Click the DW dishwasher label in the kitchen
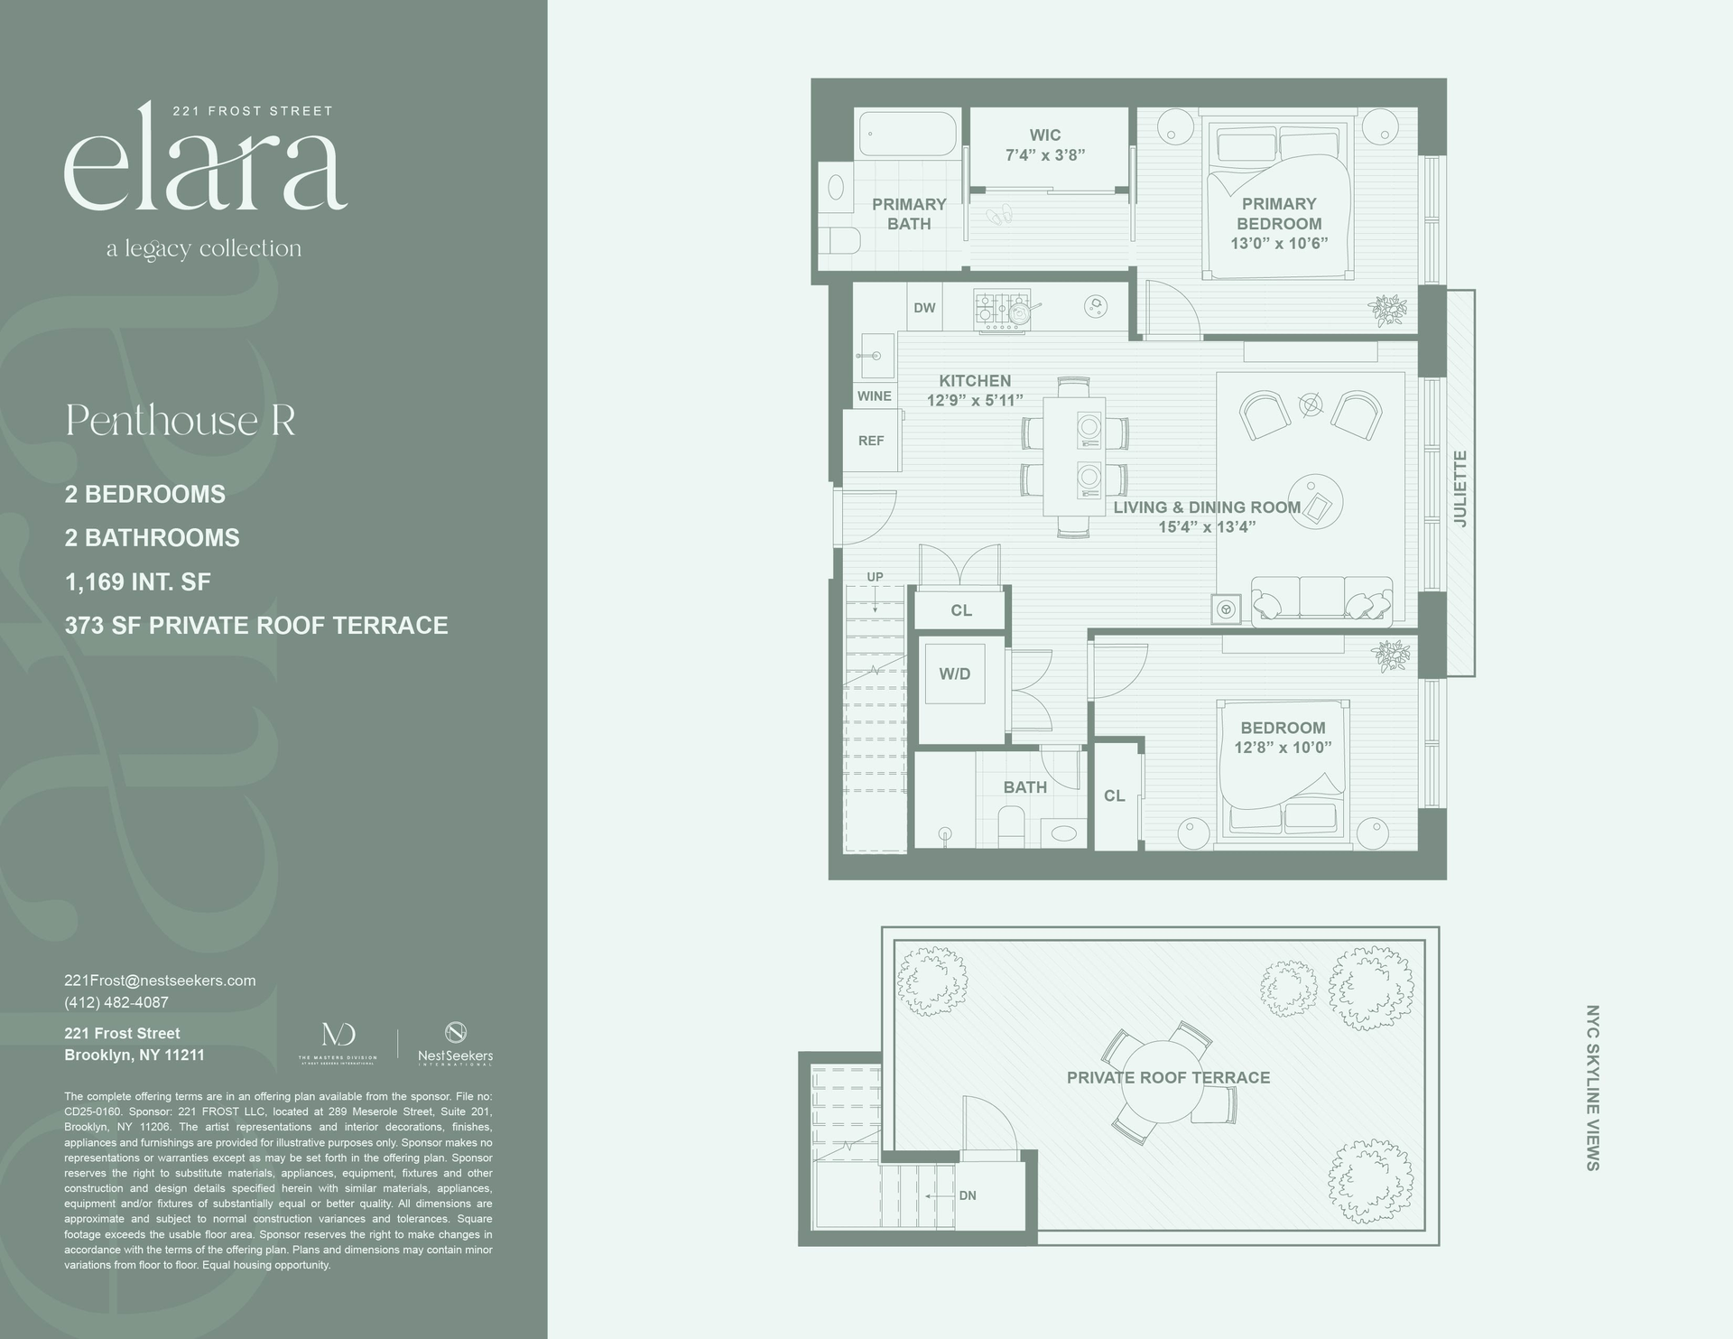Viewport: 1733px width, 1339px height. (924, 308)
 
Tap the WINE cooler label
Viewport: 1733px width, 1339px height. (874, 396)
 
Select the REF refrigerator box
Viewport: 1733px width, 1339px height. (871, 441)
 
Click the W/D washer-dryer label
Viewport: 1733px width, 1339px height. (954, 674)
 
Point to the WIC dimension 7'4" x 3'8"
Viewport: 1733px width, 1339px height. (1045, 155)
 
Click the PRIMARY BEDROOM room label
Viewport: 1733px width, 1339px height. (1279, 214)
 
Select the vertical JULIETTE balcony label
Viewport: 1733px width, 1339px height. (1460, 488)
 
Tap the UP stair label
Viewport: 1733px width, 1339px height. (875, 577)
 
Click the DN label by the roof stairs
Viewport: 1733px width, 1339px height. (968, 1195)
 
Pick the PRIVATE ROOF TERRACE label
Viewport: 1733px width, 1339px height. (1168, 1077)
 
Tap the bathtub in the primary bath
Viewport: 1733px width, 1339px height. (907, 135)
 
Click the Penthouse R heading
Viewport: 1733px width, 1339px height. (181, 421)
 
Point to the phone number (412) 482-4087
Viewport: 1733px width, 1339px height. (116, 1002)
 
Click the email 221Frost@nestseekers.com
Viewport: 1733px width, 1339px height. (160, 981)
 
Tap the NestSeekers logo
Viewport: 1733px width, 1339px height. (455, 1043)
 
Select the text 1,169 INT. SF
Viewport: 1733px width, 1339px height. (137, 581)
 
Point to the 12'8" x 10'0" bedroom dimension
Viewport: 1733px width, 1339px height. (1283, 748)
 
